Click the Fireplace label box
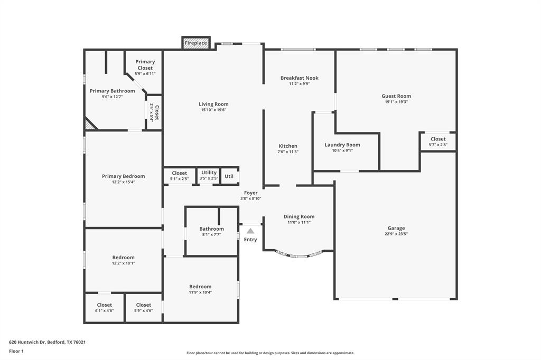pyautogui.click(x=196, y=43)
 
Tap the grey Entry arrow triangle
pyautogui.click(x=250, y=231)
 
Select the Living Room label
pyautogui.click(x=213, y=104)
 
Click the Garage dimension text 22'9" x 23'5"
pyautogui.click(x=396, y=234)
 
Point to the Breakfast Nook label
pyautogui.click(x=299, y=78)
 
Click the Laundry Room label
pyautogui.click(x=342, y=145)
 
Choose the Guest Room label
pyautogui.click(x=396, y=96)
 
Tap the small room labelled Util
pyautogui.click(x=229, y=176)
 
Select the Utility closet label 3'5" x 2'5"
pyautogui.click(x=209, y=178)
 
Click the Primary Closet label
pyautogui.click(x=145, y=65)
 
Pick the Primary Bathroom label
pyautogui.click(x=112, y=91)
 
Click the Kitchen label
pyautogui.click(x=288, y=146)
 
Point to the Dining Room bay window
pyautogui.click(x=299, y=255)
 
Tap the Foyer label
pyautogui.click(x=250, y=193)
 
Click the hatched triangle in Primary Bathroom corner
pyautogui.click(x=90, y=125)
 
